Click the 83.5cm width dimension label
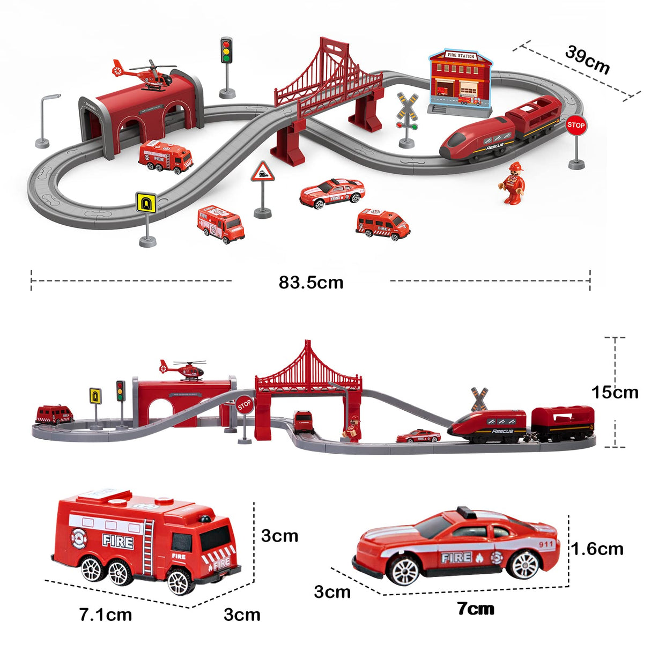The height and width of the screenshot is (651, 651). (x=310, y=282)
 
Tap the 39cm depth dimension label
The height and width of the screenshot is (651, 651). (x=588, y=60)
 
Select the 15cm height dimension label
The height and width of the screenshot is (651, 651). (x=615, y=392)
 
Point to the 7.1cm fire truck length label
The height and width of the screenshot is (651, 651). (x=106, y=615)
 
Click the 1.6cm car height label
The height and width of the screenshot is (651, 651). (x=597, y=549)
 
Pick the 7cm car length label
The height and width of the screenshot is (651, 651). (x=476, y=609)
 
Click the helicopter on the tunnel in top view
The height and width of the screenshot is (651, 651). (x=146, y=75)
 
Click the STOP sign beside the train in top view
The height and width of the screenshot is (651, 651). (x=576, y=125)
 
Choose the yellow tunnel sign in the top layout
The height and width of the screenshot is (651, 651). (x=146, y=202)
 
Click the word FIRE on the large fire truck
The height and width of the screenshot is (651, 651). (x=118, y=541)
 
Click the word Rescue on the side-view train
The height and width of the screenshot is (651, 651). (x=502, y=431)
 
